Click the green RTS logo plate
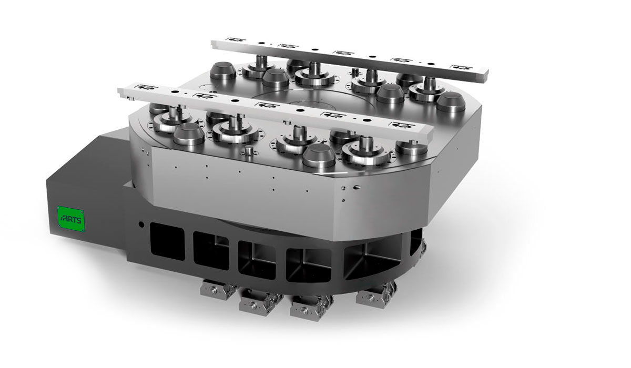70,219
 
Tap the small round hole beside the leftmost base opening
141,224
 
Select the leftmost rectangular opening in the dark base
167,241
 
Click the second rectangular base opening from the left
211,251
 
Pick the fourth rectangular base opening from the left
309,265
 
